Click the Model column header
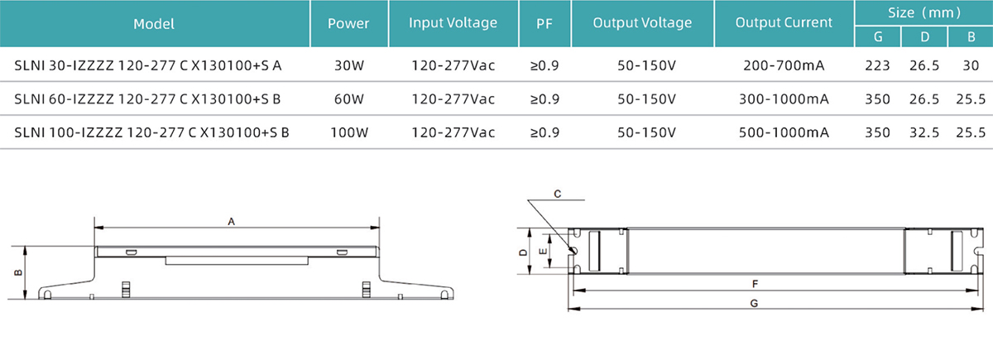tap(154, 24)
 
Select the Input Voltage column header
tap(453, 23)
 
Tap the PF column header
tap(544, 24)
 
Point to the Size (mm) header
tap(924, 13)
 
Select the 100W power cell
tap(348, 132)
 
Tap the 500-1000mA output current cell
tap(784, 132)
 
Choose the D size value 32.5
tap(923, 132)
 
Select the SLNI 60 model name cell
tap(148, 99)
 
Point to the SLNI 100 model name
tap(151, 132)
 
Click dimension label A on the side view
tap(232, 221)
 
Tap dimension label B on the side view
tap(17, 272)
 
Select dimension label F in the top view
tap(755, 283)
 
